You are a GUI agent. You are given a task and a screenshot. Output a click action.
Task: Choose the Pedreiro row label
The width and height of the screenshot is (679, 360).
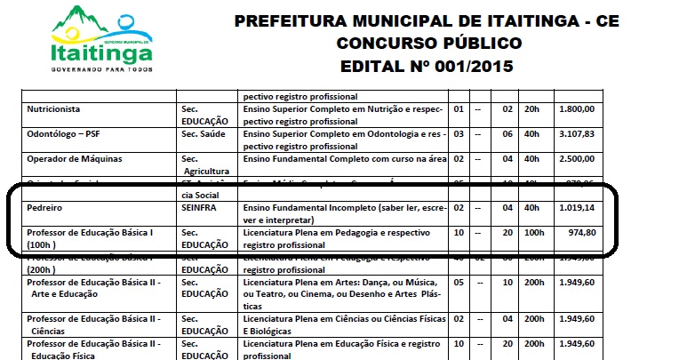tap(47, 207)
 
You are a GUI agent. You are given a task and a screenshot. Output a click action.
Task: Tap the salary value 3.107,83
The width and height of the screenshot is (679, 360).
tap(577, 134)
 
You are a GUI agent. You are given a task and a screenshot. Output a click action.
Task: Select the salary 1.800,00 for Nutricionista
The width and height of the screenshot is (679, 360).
tap(577, 109)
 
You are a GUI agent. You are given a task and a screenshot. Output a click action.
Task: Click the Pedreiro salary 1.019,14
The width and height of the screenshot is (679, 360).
tap(577, 207)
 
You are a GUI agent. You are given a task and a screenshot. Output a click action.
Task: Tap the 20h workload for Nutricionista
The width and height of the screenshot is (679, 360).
tap(532, 109)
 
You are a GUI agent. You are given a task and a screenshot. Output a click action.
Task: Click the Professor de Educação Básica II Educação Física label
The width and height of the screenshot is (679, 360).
tap(93, 348)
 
